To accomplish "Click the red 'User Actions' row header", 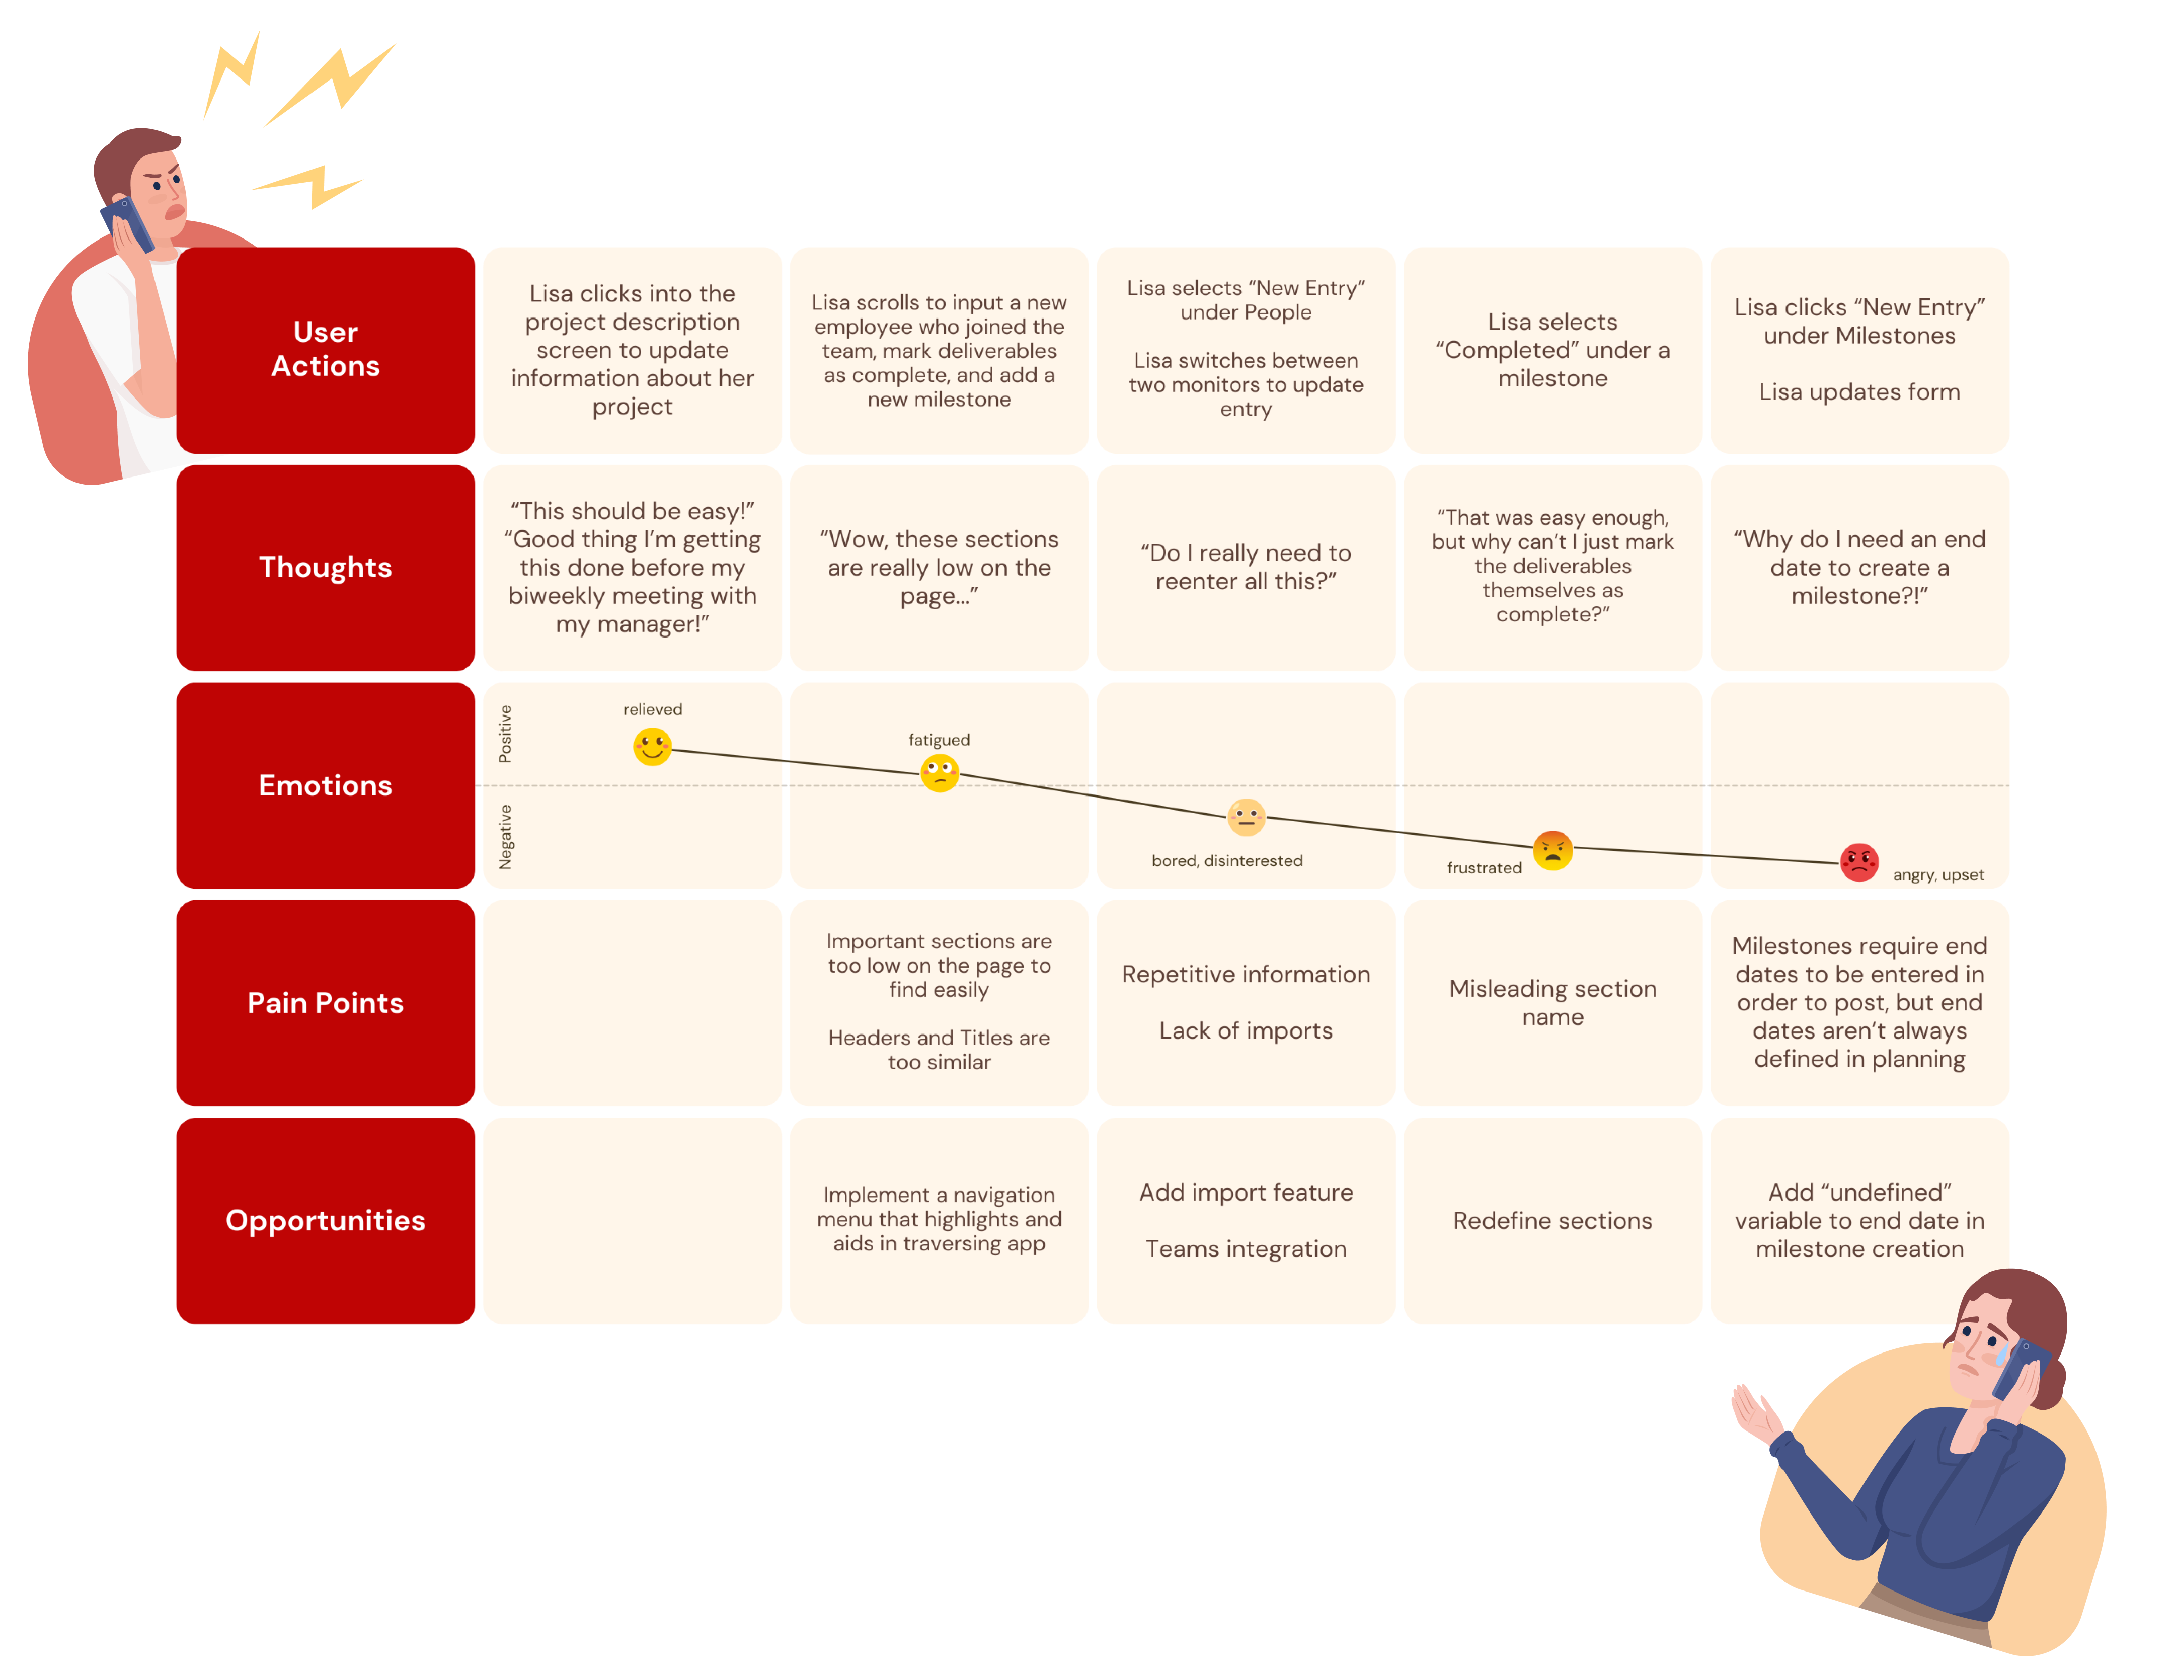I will (x=325, y=349).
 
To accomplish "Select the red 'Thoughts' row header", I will (x=325, y=567).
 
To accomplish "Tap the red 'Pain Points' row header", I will (x=325, y=1003).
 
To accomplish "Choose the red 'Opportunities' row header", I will (x=325, y=1221).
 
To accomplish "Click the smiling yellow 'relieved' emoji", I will (x=652, y=746).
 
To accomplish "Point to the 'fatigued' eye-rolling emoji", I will (x=939, y=772).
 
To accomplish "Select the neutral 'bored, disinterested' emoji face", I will (x=1246, y=818).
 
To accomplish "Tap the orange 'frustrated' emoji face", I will (x=1552, y=850).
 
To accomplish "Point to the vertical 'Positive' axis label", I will (x=505, y=734).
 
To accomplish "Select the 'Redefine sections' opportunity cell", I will (x=1552, y=1221).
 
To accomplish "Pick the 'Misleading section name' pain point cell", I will (x=1552, y=1003).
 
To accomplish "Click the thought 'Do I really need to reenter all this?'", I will (x=1246, y=567).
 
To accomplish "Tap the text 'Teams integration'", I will (x=1246, y=1249).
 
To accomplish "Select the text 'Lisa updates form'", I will (x=1859, y=392).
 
